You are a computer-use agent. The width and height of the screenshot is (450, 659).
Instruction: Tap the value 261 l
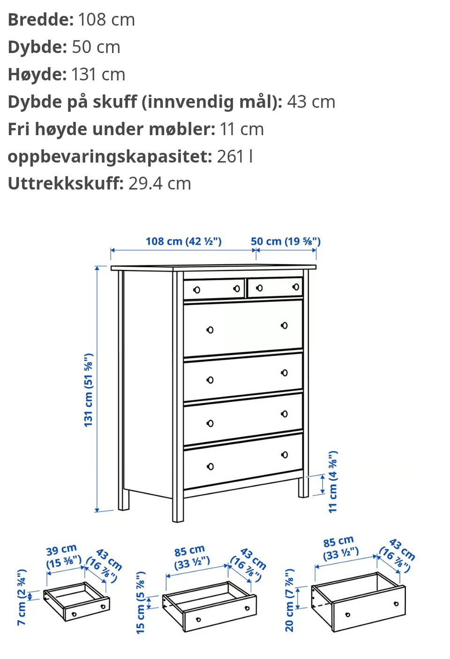(235, 156)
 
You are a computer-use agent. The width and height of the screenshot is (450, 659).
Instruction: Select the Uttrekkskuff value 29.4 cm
(160, 184)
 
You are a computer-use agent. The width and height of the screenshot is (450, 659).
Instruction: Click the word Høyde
(37, 75)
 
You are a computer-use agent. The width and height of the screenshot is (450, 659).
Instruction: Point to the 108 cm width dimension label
(183, 242)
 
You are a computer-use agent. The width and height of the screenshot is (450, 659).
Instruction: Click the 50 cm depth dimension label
(285, 242)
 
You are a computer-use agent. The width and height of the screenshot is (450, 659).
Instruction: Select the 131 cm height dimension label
(89, 390)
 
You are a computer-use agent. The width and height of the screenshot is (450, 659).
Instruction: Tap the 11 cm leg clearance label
(333, 482)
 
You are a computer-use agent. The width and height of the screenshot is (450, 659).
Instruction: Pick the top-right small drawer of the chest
(275, 287)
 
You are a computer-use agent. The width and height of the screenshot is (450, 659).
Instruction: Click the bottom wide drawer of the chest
(243, 461)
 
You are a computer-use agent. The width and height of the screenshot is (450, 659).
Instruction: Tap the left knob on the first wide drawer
(210, 330)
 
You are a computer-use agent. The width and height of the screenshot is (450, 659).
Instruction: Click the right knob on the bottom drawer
(285, 455)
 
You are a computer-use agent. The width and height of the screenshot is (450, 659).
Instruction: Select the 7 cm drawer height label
(22, 597)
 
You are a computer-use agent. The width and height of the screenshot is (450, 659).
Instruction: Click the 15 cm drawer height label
(141, 603)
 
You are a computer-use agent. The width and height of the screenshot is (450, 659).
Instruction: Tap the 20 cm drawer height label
(290, 600)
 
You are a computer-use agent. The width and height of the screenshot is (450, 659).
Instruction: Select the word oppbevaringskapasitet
(110, 156)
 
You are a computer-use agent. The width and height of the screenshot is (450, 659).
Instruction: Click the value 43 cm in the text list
(311, 102)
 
